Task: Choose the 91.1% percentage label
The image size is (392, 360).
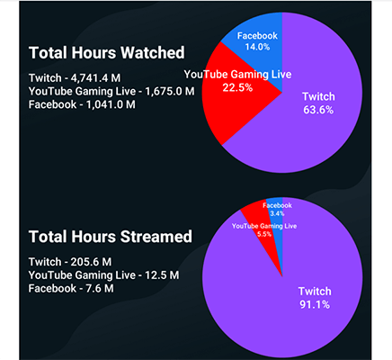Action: pos(315,305)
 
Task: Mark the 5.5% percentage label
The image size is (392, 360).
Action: pos(263,232)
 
